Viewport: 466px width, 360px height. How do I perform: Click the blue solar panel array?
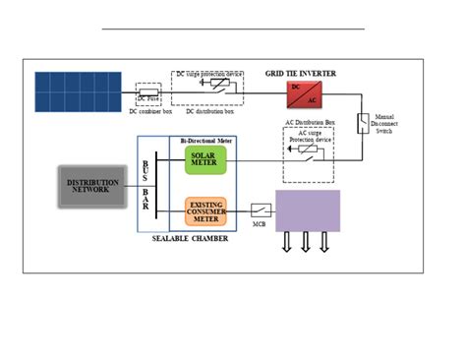pos(78,91)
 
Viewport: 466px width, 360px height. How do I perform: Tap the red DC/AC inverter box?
pos(300,95)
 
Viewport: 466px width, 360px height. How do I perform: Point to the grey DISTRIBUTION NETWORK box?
pos(93,186)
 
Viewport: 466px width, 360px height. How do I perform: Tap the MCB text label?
pos(260,225)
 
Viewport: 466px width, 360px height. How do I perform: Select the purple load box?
pos(308,211)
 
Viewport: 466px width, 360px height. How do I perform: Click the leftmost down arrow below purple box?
pos(287,243)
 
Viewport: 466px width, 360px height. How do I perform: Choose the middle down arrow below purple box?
pos(306,243)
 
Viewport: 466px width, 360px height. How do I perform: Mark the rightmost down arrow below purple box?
pos(324,243)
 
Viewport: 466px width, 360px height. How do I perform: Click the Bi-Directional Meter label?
pos(209,143)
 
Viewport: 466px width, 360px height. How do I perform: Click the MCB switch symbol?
pos(260,210)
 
